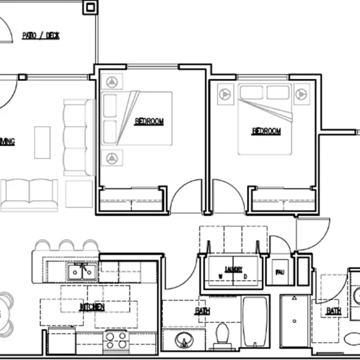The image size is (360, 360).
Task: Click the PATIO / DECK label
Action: (x=40, y=35)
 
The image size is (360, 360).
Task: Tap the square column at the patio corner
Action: (x=90, y=7)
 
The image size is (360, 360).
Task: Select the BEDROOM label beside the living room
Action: (x=149, y=121)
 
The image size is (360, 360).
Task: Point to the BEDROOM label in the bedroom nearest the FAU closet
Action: (x=266, y=131)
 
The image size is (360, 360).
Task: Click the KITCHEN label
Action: (x=92, y=307)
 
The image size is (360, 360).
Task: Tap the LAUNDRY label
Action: (x=233, y=269)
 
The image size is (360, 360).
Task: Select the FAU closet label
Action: (x=280, y=272)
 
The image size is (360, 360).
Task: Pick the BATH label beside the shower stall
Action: (x=334, y=310)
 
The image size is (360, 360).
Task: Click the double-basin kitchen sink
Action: (x=82, y=272)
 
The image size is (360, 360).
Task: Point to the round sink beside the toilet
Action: (x=182, y=340)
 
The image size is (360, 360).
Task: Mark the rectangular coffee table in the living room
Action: (x=42, y=142)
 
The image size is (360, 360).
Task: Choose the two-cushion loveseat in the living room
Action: (x=29, y=194)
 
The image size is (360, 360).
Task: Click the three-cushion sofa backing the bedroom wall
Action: (x=77, y=137)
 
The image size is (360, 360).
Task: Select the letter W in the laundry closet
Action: (x=220, y=276)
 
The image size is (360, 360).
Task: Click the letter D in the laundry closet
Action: (x=246, y=276)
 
